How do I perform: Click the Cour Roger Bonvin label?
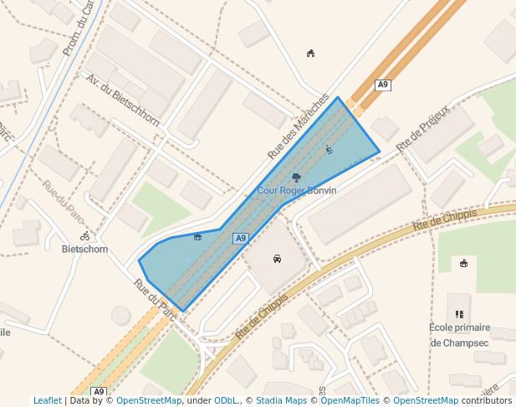click(297, 191)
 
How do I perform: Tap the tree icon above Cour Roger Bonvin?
click(296, 177)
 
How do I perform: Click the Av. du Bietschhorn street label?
click(123, 99)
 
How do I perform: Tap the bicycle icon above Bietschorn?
click(85, 236)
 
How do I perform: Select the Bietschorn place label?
click(84, 249)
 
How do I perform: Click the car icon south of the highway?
click(277, 259)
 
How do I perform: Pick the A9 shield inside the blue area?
click(241, 239)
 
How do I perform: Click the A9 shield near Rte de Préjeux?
click(383, 85)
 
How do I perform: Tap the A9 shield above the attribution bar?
click(99, 392)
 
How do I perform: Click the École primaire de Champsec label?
click(459, 335)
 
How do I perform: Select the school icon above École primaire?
click(459, 314)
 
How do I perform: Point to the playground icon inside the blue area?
click(329, 150)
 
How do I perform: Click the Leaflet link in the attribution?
click(48, 401)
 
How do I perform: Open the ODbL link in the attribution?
click(225, 401)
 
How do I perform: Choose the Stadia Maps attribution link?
click(281, 401)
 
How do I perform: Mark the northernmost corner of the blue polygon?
click(338, 97)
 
